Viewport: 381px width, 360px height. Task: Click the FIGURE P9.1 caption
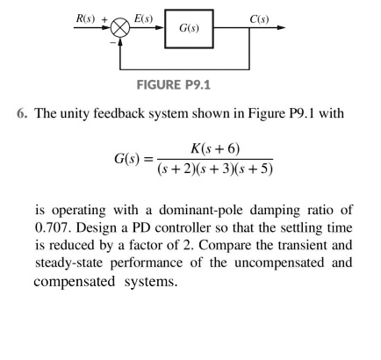(x=190, y=87)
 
